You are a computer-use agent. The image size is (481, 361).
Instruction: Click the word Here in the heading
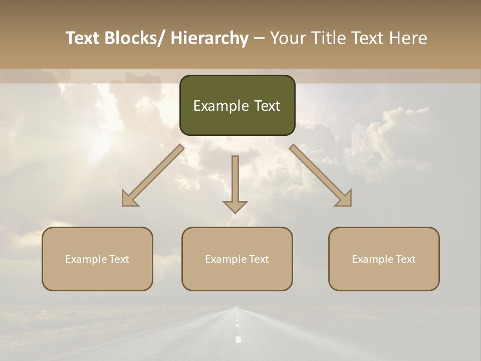(x=408, y=38)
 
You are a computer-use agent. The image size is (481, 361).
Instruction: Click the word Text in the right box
(x=405, y=259)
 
